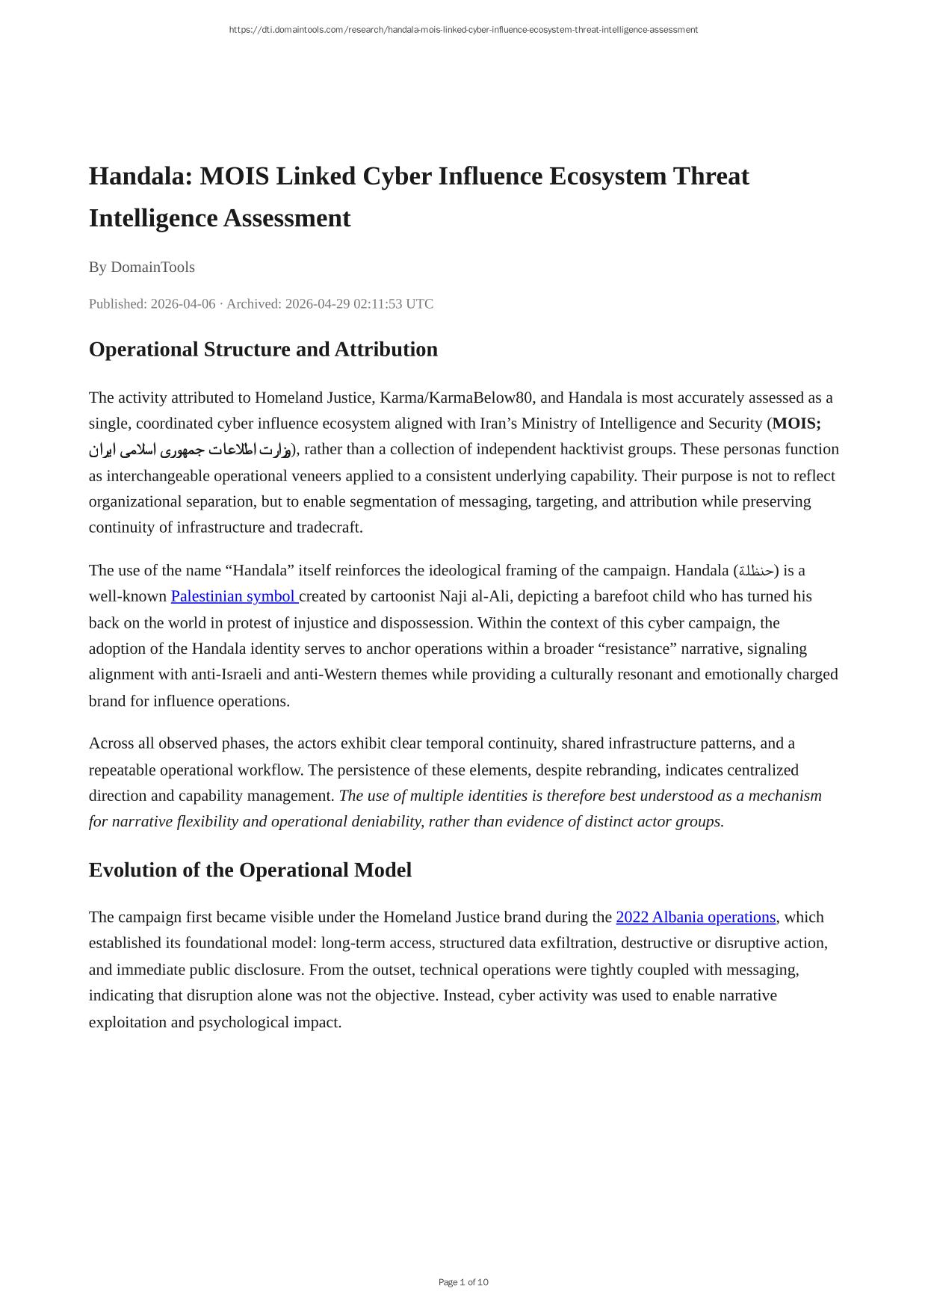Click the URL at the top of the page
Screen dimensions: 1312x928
pos(463,30)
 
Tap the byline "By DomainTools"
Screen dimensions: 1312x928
pos(141,267)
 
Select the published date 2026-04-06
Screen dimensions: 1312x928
pos(182,304)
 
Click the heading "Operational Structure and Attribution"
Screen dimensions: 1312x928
pos(263,350)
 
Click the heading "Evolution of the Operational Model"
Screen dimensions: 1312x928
pos(250,870)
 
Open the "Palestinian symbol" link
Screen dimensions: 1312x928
pos(234,596)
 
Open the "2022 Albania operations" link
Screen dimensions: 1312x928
pos(696,917)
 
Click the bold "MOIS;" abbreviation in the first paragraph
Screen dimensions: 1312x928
pos(796,424)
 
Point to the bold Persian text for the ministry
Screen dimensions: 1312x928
pos(190,450)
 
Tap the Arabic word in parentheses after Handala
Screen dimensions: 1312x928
pos(756,571)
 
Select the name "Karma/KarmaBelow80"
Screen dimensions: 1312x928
pos(457,397)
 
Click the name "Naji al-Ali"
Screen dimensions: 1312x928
pos(479,596)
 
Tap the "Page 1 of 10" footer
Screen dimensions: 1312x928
pos(463,1282)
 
